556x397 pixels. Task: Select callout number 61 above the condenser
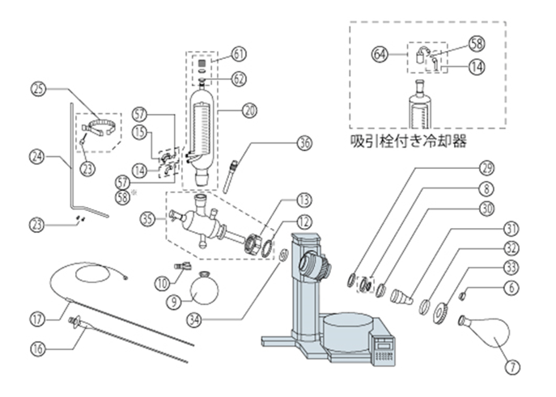pyautogui.click(x=239, y=54)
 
